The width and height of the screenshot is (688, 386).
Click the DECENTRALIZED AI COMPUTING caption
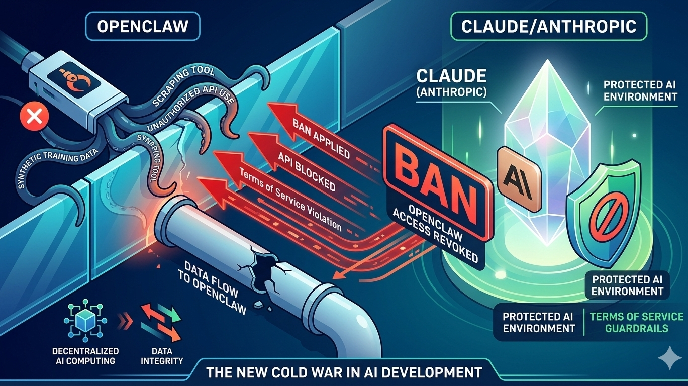pos(85,355)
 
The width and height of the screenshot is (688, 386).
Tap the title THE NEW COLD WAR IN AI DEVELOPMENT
pos(344,372)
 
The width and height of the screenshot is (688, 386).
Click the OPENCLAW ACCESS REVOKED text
pos(437,231)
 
